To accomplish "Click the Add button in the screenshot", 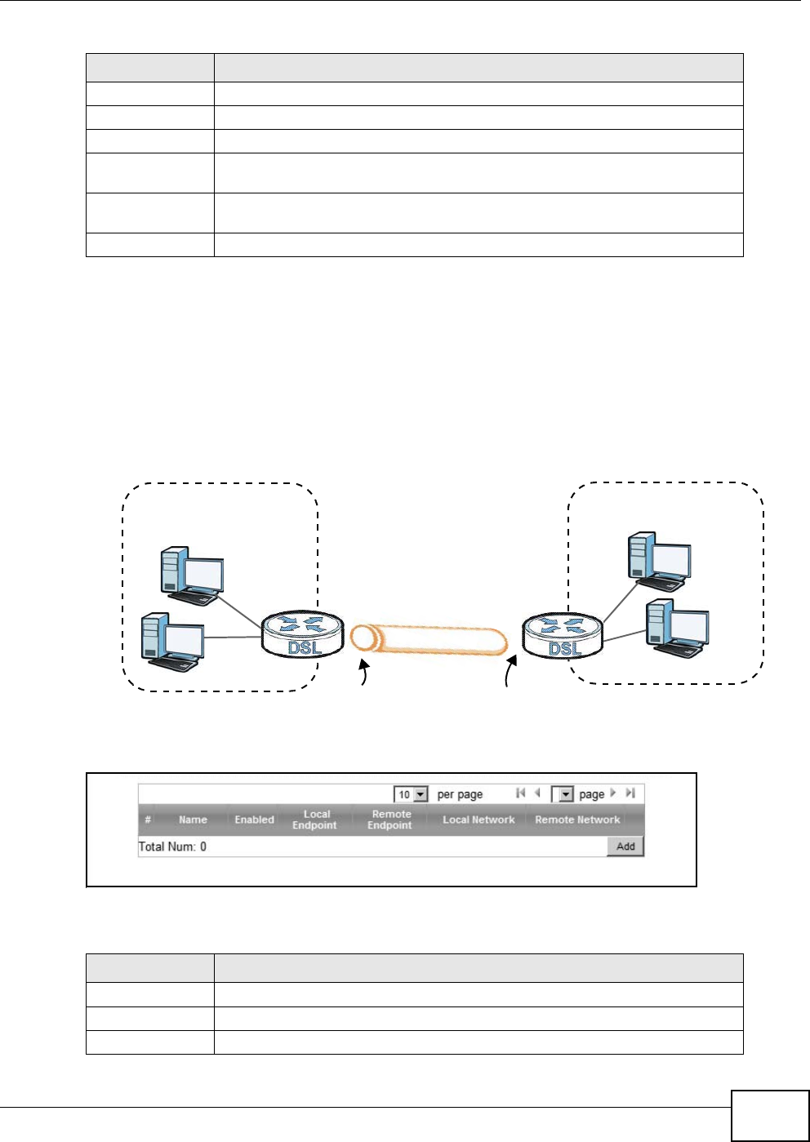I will click(x=625, y=847).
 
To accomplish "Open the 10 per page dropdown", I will click(x=411, y=794).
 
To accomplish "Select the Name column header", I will click(x=193, y=820).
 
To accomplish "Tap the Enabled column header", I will click(x=254, y=820).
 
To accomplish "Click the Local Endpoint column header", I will click(x=315, y=820).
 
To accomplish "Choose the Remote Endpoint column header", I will click(x=390, y=820).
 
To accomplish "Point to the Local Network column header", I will click(x=478, y=820).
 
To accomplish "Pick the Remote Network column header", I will click(x=577, y=820).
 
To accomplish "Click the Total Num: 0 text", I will click(x=172, y=847).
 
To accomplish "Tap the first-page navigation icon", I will click(x=520, y=793).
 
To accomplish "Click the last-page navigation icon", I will click(x=630, y=793).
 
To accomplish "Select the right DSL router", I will click(x=562, y=635).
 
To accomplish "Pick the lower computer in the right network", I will click(x=677, y=627).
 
